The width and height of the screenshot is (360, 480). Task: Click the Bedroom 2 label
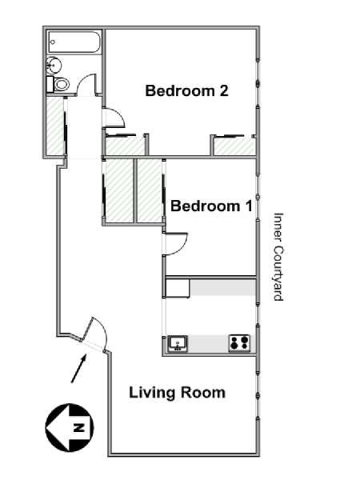186,90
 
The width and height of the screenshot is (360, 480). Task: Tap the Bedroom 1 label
211,206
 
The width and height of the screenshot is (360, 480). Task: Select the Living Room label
178,393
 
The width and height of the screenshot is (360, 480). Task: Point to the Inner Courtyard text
278,257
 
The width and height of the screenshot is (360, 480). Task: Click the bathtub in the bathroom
74,42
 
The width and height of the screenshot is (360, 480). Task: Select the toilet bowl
62,84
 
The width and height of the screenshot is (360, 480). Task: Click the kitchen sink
178,343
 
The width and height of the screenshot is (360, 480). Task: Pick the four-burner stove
239,343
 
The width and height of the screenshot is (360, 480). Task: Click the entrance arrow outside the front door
78,368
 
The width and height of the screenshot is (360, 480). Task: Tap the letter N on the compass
79,427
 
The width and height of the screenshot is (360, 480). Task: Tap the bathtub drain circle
53,42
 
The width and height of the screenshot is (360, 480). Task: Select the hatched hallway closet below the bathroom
55,126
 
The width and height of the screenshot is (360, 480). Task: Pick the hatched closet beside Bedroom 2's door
125,146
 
